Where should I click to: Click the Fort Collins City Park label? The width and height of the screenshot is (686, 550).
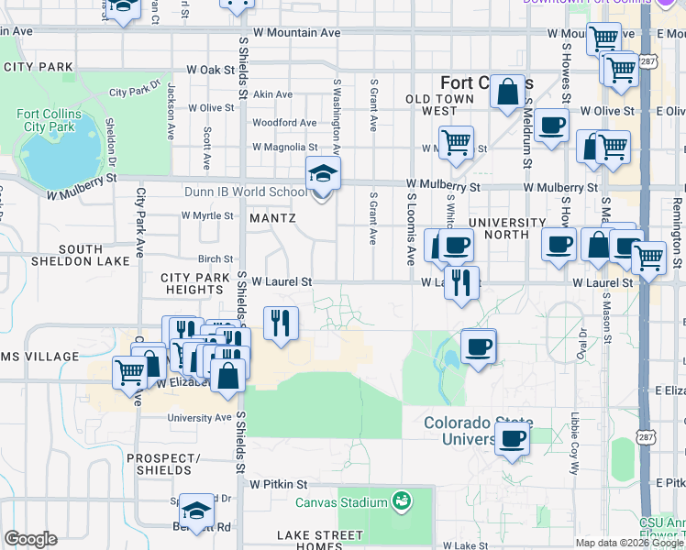coord(45,121)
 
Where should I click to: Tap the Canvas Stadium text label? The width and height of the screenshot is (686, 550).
coord(341,502)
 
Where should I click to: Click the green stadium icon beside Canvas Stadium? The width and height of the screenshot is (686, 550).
coord(400,501)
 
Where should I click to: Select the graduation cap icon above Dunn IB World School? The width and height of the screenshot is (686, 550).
coord(323,172)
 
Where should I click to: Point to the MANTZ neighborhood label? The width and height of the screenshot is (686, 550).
coord(272,218)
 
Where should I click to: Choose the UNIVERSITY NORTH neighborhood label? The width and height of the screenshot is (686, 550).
coord(507,228)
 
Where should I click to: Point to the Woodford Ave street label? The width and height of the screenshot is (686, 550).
coord(284,123)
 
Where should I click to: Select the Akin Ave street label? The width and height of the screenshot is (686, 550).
coord(272,94)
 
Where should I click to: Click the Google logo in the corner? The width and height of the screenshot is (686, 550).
coord(30,538)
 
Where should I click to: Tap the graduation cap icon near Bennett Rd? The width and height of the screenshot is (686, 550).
coord(194,510)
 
